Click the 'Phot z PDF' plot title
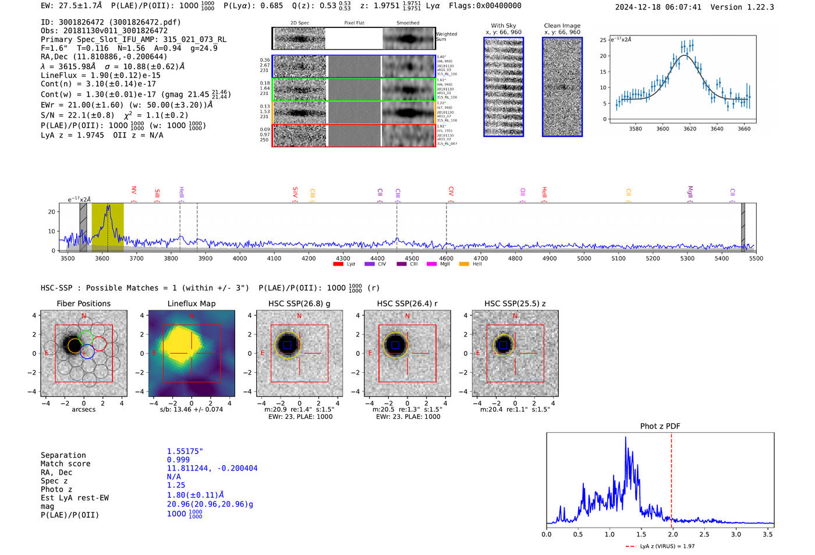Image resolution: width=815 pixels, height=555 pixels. tap(660, 426)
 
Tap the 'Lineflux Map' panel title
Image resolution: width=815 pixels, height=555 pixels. tap(192, 303)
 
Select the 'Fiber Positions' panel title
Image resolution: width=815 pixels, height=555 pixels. tap(83, 303)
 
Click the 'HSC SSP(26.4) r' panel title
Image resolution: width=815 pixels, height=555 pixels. tap(407, 303)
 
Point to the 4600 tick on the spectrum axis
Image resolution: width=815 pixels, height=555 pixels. tap(447, 258)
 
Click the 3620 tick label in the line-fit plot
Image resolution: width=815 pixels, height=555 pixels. tap(690, 129)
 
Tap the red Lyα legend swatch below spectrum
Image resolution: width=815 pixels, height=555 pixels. tap(338, 264)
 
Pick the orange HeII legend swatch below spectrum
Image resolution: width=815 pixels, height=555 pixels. tap(464, 264)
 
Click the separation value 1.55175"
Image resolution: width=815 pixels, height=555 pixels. tap(185, 451)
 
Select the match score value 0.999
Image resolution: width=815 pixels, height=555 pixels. tap(178, 459)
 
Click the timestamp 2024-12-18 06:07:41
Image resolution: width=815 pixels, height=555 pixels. tap(658, 7)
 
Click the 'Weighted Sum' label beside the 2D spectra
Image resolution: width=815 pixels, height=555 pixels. tap(447, 37)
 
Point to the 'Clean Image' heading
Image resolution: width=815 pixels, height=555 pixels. tap(562, 26)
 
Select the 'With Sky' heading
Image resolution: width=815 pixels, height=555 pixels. tap(504, 26)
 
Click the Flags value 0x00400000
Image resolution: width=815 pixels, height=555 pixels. tap(499, 6)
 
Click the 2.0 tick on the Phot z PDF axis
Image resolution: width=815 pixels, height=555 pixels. tap(672, 534)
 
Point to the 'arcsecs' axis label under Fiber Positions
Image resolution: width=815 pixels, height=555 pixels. tap(83, 409)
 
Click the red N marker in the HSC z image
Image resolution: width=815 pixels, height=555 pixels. tap(515, 316)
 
